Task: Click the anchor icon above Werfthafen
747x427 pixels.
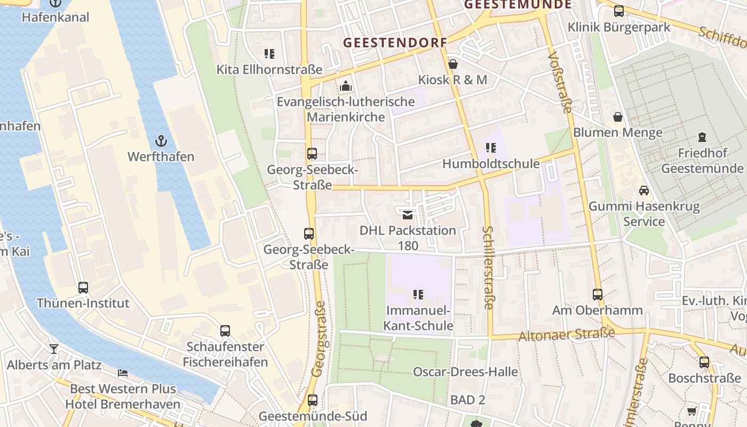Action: coord(161,141)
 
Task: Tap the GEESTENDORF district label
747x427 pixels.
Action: coord(395,43)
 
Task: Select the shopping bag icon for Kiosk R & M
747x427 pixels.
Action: coord(453,64)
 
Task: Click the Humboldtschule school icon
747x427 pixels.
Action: coord(490,148)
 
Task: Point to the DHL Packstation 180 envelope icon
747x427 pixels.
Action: coord(408,215)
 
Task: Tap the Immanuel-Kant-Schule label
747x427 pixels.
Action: coord(419,318)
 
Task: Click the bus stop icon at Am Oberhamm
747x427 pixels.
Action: coord(598,295)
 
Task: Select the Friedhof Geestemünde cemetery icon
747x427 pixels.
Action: coord(702,138)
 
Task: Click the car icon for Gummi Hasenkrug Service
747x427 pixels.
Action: coord(644,191)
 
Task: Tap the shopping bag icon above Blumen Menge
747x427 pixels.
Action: coord(618,117)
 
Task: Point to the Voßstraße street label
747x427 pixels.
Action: coord(560,82)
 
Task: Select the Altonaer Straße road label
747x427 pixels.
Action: coord(567,335)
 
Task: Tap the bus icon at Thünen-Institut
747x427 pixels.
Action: coord(83,288)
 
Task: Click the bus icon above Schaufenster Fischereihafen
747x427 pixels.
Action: coord(225,331)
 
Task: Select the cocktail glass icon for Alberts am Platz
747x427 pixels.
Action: coord(54,349)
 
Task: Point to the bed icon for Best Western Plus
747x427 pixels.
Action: coord(123,373)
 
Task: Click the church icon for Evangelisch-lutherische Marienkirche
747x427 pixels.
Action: coord(346,85)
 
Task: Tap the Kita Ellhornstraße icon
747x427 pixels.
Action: coord(269,54)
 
